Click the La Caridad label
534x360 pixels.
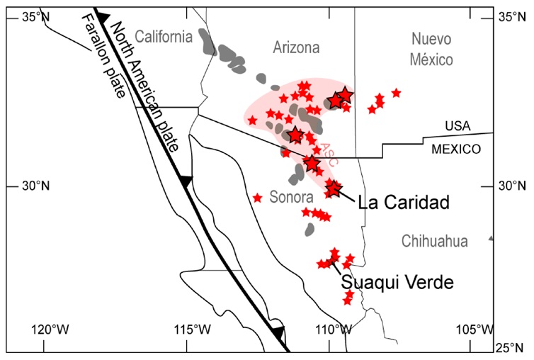pyautogui.click(x=404, y=202)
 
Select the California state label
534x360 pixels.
pyautogui.click(x=164, y=36)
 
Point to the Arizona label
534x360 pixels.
pyautogui.click(x=296, y=47)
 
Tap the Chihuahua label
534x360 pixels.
pyautogui.click(x=434, y=242)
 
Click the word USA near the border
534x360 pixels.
pyautogui.click(x=458, y=125)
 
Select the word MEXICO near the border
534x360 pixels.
pyautogui.click(x=457, y=150)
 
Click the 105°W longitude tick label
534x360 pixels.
pyautogui.click(x=475, y=330)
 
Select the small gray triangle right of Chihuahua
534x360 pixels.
pyautogui.click(x=491, y=239)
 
